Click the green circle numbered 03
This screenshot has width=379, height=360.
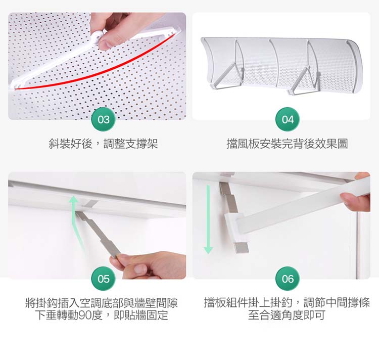104,119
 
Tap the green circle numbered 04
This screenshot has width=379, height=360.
288,119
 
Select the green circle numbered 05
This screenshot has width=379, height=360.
104,279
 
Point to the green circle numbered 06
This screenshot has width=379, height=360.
288,279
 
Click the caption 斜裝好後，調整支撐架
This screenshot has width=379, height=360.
103,144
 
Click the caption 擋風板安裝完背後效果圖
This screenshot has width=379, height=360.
287,144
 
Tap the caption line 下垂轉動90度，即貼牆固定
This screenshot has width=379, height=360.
102,315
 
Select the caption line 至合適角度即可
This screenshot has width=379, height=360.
287,315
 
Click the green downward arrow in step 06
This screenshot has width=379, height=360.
208,219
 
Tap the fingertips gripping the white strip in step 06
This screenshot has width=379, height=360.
355,198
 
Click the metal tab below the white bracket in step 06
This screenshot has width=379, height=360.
241,248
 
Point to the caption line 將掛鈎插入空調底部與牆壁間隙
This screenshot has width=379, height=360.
102,303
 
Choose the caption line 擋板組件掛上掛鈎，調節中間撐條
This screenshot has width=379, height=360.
287,302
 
